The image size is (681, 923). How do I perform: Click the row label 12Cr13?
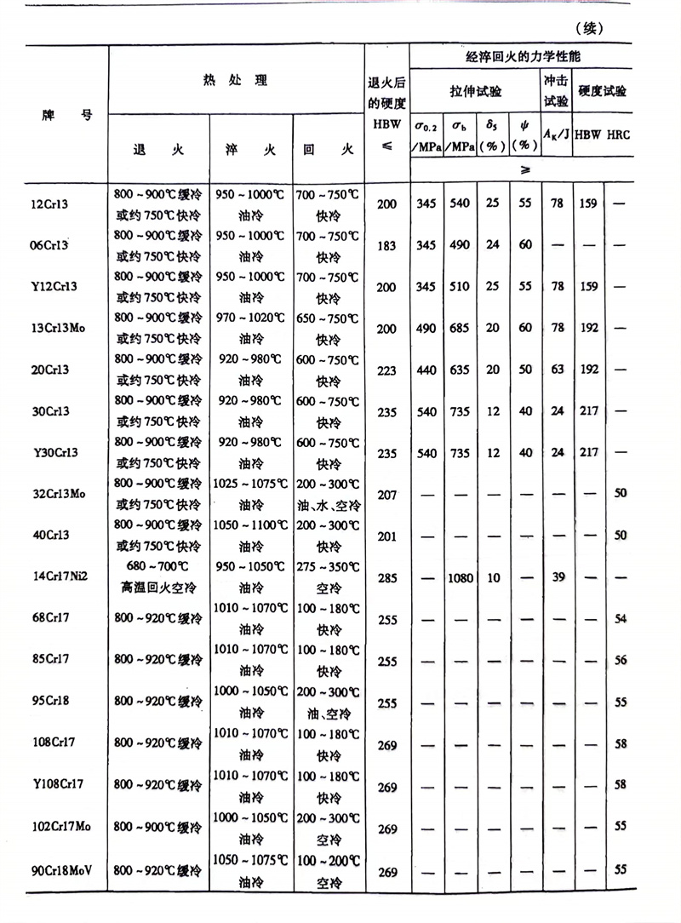(x=54, y=204)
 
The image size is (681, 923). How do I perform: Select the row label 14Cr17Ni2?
(x=60, y=576)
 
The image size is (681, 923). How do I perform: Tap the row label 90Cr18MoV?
(x=62, y=869)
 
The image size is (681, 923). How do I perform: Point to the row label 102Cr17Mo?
(x=62, y=828)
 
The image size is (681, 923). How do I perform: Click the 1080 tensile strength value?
(x=460, y=578)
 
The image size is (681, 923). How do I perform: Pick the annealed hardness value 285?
(x=387, y=578)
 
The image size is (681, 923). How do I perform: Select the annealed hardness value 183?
(x=387, y=245)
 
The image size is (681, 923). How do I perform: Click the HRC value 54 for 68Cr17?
(x=620, y=619)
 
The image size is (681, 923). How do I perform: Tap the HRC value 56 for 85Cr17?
(x=620, y=660)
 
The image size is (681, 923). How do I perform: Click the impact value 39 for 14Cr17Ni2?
(x=558, y=578)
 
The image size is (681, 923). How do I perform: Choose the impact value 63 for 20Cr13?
(x=558, y=370)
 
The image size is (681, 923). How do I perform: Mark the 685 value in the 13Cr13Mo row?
(x=460, y=329)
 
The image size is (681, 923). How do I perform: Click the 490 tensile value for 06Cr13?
(x=460, y=245)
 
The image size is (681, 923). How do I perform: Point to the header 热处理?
(x=236, y=81)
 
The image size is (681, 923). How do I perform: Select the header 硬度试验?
(x=602, y=89)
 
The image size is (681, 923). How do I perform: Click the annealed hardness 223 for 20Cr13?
(x=387, y=370)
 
